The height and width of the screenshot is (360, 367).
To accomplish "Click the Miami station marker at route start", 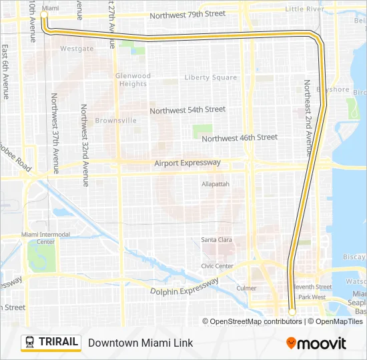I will coord(45,14).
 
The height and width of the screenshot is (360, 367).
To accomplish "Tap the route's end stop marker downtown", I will coord(292,311).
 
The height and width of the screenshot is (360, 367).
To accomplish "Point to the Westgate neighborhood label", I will coord(77,49).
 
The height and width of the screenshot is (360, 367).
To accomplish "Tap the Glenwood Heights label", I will coord(133,80).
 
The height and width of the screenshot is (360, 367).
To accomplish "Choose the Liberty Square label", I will coord(210,77).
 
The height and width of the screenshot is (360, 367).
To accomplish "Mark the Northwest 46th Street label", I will coord(239,137).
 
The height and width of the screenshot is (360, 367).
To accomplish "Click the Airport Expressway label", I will coord(187,163).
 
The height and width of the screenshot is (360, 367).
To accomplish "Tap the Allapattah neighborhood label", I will coord(216,183).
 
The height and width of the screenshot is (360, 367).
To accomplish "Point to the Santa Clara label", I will coord(216,239).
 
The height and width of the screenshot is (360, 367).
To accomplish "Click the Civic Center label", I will coord(218,266).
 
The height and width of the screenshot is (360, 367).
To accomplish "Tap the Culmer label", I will coord(246,288).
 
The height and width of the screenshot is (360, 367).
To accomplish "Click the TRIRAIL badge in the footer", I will coord(51,342).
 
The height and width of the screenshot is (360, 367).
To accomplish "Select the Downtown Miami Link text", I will coord(140,343).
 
